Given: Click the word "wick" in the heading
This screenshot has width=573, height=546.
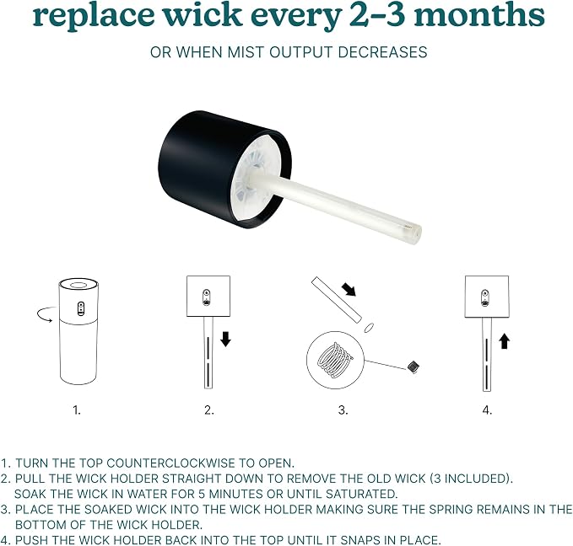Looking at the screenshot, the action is coord(202,14).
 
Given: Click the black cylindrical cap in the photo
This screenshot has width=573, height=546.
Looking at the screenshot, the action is coord(219,166).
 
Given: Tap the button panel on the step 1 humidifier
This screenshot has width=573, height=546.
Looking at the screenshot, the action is coord(80,308).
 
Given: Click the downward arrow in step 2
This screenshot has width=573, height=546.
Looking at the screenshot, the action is coord(225,339).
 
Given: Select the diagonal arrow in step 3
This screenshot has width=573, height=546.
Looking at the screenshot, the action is coord(349,289).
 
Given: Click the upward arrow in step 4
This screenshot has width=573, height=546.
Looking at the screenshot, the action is coord(505,341).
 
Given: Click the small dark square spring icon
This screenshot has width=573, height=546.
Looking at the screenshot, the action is coord(414,367).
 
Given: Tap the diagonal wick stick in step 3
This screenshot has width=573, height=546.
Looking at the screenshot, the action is coord(336,300).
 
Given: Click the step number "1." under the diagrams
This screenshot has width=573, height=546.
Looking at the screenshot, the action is coord(77,410).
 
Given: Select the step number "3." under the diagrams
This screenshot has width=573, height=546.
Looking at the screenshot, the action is coord(343,410).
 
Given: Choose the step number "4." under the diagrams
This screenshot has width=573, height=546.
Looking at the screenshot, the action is coord(487,410).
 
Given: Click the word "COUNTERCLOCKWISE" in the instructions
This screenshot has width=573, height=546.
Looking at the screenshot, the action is coord(170,463).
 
